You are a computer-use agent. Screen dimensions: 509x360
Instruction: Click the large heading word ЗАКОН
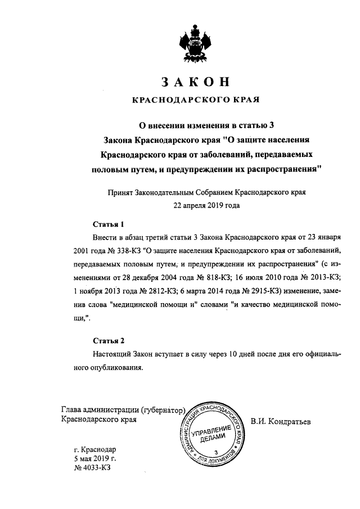pos(196,82)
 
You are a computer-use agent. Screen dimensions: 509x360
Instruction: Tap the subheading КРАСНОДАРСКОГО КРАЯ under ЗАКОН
pos(196,101)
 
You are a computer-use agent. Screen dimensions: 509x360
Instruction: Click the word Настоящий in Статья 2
pos(112,355)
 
